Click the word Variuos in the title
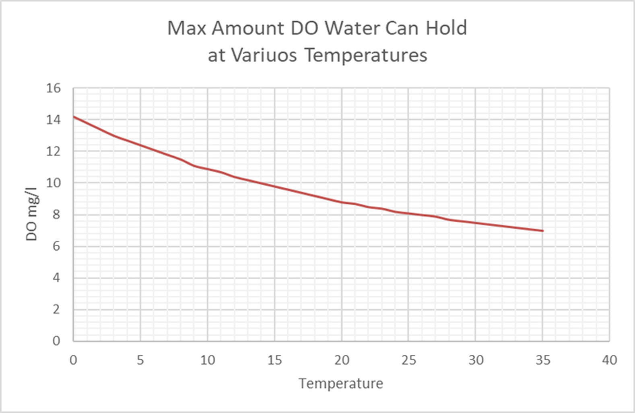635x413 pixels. pos(264,55)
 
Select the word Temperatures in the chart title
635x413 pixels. pos(365,55)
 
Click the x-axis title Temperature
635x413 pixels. pos(341,383)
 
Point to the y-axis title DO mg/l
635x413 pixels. pos(32,215)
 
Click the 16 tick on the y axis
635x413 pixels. pos(54,88)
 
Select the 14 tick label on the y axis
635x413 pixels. pos(54,120)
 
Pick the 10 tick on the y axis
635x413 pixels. pos(54,183)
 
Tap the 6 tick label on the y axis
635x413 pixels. pos(56,246)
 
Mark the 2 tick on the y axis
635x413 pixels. pos(56,309)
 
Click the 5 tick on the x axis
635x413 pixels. pos(140,360)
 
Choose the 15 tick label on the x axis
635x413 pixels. pos(274,360)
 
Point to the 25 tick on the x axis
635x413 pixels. pos(408,360)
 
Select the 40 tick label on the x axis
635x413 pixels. pos(609,360)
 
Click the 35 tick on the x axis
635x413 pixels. pos(542,360)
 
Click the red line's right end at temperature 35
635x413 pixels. pos(542,231)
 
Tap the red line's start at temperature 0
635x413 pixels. pos(74,117)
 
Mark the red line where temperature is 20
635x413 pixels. pos(342,202)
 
